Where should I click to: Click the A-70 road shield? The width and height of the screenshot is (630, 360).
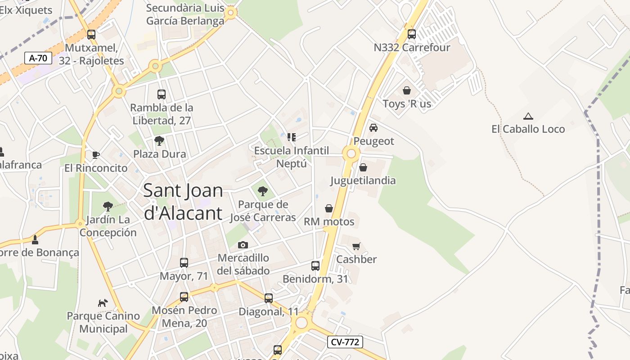(38, 58)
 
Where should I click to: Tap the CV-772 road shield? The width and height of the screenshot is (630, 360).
(345, 342)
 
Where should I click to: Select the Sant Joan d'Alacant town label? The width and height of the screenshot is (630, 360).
(183, 202)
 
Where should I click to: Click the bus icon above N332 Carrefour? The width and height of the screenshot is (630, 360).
(411, 34)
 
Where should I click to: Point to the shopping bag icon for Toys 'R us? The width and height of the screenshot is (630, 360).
(407, 90)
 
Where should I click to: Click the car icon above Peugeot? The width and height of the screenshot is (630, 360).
(373, 128)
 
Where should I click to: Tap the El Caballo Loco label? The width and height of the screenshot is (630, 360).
(528, 129)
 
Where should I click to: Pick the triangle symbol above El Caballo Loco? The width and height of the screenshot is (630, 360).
(528, 116)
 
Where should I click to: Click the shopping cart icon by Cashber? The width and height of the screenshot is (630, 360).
(356, 246)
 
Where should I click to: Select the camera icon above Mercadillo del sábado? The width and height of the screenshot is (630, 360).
(243, 245)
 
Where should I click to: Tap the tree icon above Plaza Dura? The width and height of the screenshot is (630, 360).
(159, 141)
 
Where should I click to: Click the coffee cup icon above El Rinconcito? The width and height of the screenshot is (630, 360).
(95, 155)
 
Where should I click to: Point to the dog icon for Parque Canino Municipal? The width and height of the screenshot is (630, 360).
(103, 303)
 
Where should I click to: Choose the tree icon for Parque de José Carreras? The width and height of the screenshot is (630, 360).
(263, 191)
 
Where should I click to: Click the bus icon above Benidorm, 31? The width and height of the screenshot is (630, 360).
(315, 266)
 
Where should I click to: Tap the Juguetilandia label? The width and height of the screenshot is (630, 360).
(363, 181)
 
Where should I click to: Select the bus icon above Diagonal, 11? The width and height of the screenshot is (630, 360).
(269, 298)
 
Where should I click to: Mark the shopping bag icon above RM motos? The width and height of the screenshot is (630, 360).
(329, 208)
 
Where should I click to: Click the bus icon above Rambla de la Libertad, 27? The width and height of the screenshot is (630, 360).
(162, 94)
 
